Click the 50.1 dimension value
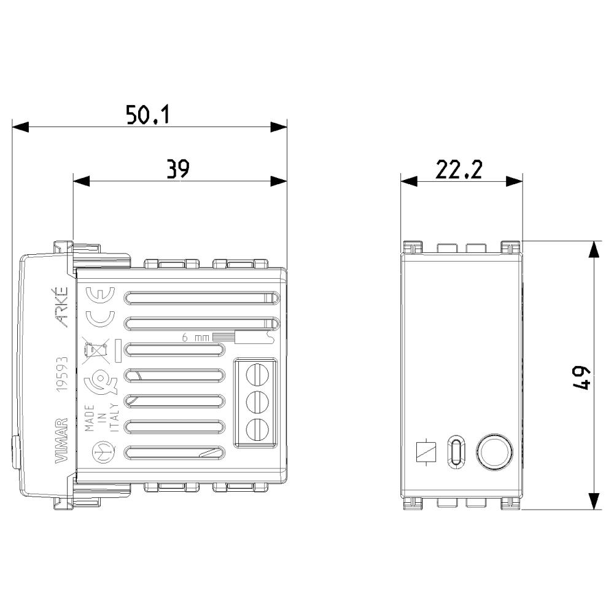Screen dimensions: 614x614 point(148,115)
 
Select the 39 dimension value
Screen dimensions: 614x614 point(178,169)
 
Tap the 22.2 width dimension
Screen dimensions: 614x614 point(459,169)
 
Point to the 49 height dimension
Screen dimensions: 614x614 point(581,378)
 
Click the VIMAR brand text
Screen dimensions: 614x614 point(61,440)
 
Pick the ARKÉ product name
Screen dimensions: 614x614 point(61,308)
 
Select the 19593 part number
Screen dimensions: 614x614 point(62,374)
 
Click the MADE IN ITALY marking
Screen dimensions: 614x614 point(101,418)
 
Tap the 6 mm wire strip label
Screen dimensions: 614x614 point(195,337)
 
